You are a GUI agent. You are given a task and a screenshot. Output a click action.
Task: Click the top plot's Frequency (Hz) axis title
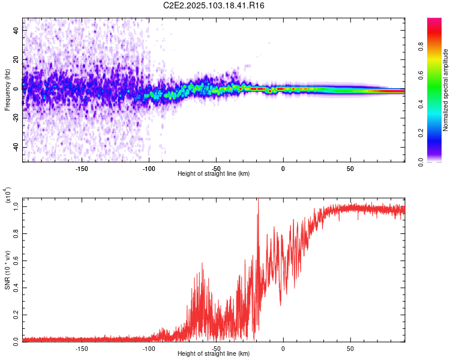7,90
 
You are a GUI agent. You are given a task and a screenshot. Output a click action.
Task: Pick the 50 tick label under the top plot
350,169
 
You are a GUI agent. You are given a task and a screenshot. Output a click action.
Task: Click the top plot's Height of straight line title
214,174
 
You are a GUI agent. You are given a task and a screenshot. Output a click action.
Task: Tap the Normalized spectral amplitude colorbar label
445,90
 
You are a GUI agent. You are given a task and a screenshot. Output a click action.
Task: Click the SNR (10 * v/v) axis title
7,270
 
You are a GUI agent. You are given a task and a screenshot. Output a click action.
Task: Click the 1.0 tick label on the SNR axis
16,206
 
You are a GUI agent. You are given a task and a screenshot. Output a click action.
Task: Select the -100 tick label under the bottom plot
149,348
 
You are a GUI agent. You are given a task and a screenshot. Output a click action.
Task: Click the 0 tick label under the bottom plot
283,348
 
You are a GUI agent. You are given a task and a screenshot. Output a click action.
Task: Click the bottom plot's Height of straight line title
214,354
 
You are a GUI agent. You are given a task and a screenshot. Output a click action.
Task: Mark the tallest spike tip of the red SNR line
258,199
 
